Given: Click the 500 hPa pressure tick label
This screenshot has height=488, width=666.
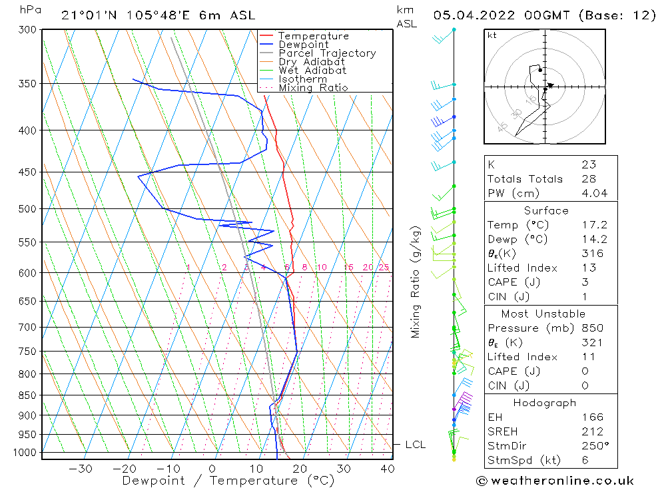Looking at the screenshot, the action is (27, 209).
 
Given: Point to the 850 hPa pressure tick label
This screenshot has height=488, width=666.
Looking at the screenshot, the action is (27, 395).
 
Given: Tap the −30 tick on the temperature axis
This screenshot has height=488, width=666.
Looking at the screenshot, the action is (81, 469).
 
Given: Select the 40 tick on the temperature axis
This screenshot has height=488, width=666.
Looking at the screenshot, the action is (388, 469).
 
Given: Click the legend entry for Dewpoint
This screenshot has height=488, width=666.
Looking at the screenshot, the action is (303, 45).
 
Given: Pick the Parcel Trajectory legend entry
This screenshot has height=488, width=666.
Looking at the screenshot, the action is (327, 53).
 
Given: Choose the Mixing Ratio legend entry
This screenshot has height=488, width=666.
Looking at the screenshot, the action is (313, 88).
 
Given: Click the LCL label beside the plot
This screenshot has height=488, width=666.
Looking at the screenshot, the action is (415, 445).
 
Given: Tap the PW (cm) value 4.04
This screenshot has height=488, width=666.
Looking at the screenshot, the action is (595, 193).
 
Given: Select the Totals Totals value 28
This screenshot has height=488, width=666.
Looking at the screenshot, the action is (589, 179).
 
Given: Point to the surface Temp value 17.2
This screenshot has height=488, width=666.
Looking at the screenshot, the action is (595, 224).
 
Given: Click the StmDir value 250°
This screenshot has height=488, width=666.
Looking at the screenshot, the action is (595, 446).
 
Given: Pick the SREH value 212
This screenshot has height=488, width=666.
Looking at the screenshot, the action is (593, 431).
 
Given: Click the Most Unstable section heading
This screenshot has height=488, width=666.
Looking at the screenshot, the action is (543, 314).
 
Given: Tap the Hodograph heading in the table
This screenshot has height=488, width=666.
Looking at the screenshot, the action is (545, 403).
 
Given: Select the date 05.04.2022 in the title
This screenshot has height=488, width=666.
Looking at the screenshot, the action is (474, 15).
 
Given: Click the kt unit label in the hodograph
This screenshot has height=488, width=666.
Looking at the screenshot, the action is (492, 35).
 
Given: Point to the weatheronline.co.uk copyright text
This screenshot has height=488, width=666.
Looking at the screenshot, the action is (555, 481).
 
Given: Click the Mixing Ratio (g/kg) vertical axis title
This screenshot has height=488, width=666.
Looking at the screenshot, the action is (416, 282).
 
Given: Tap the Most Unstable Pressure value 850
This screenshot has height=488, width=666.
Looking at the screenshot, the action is (593, 328).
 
